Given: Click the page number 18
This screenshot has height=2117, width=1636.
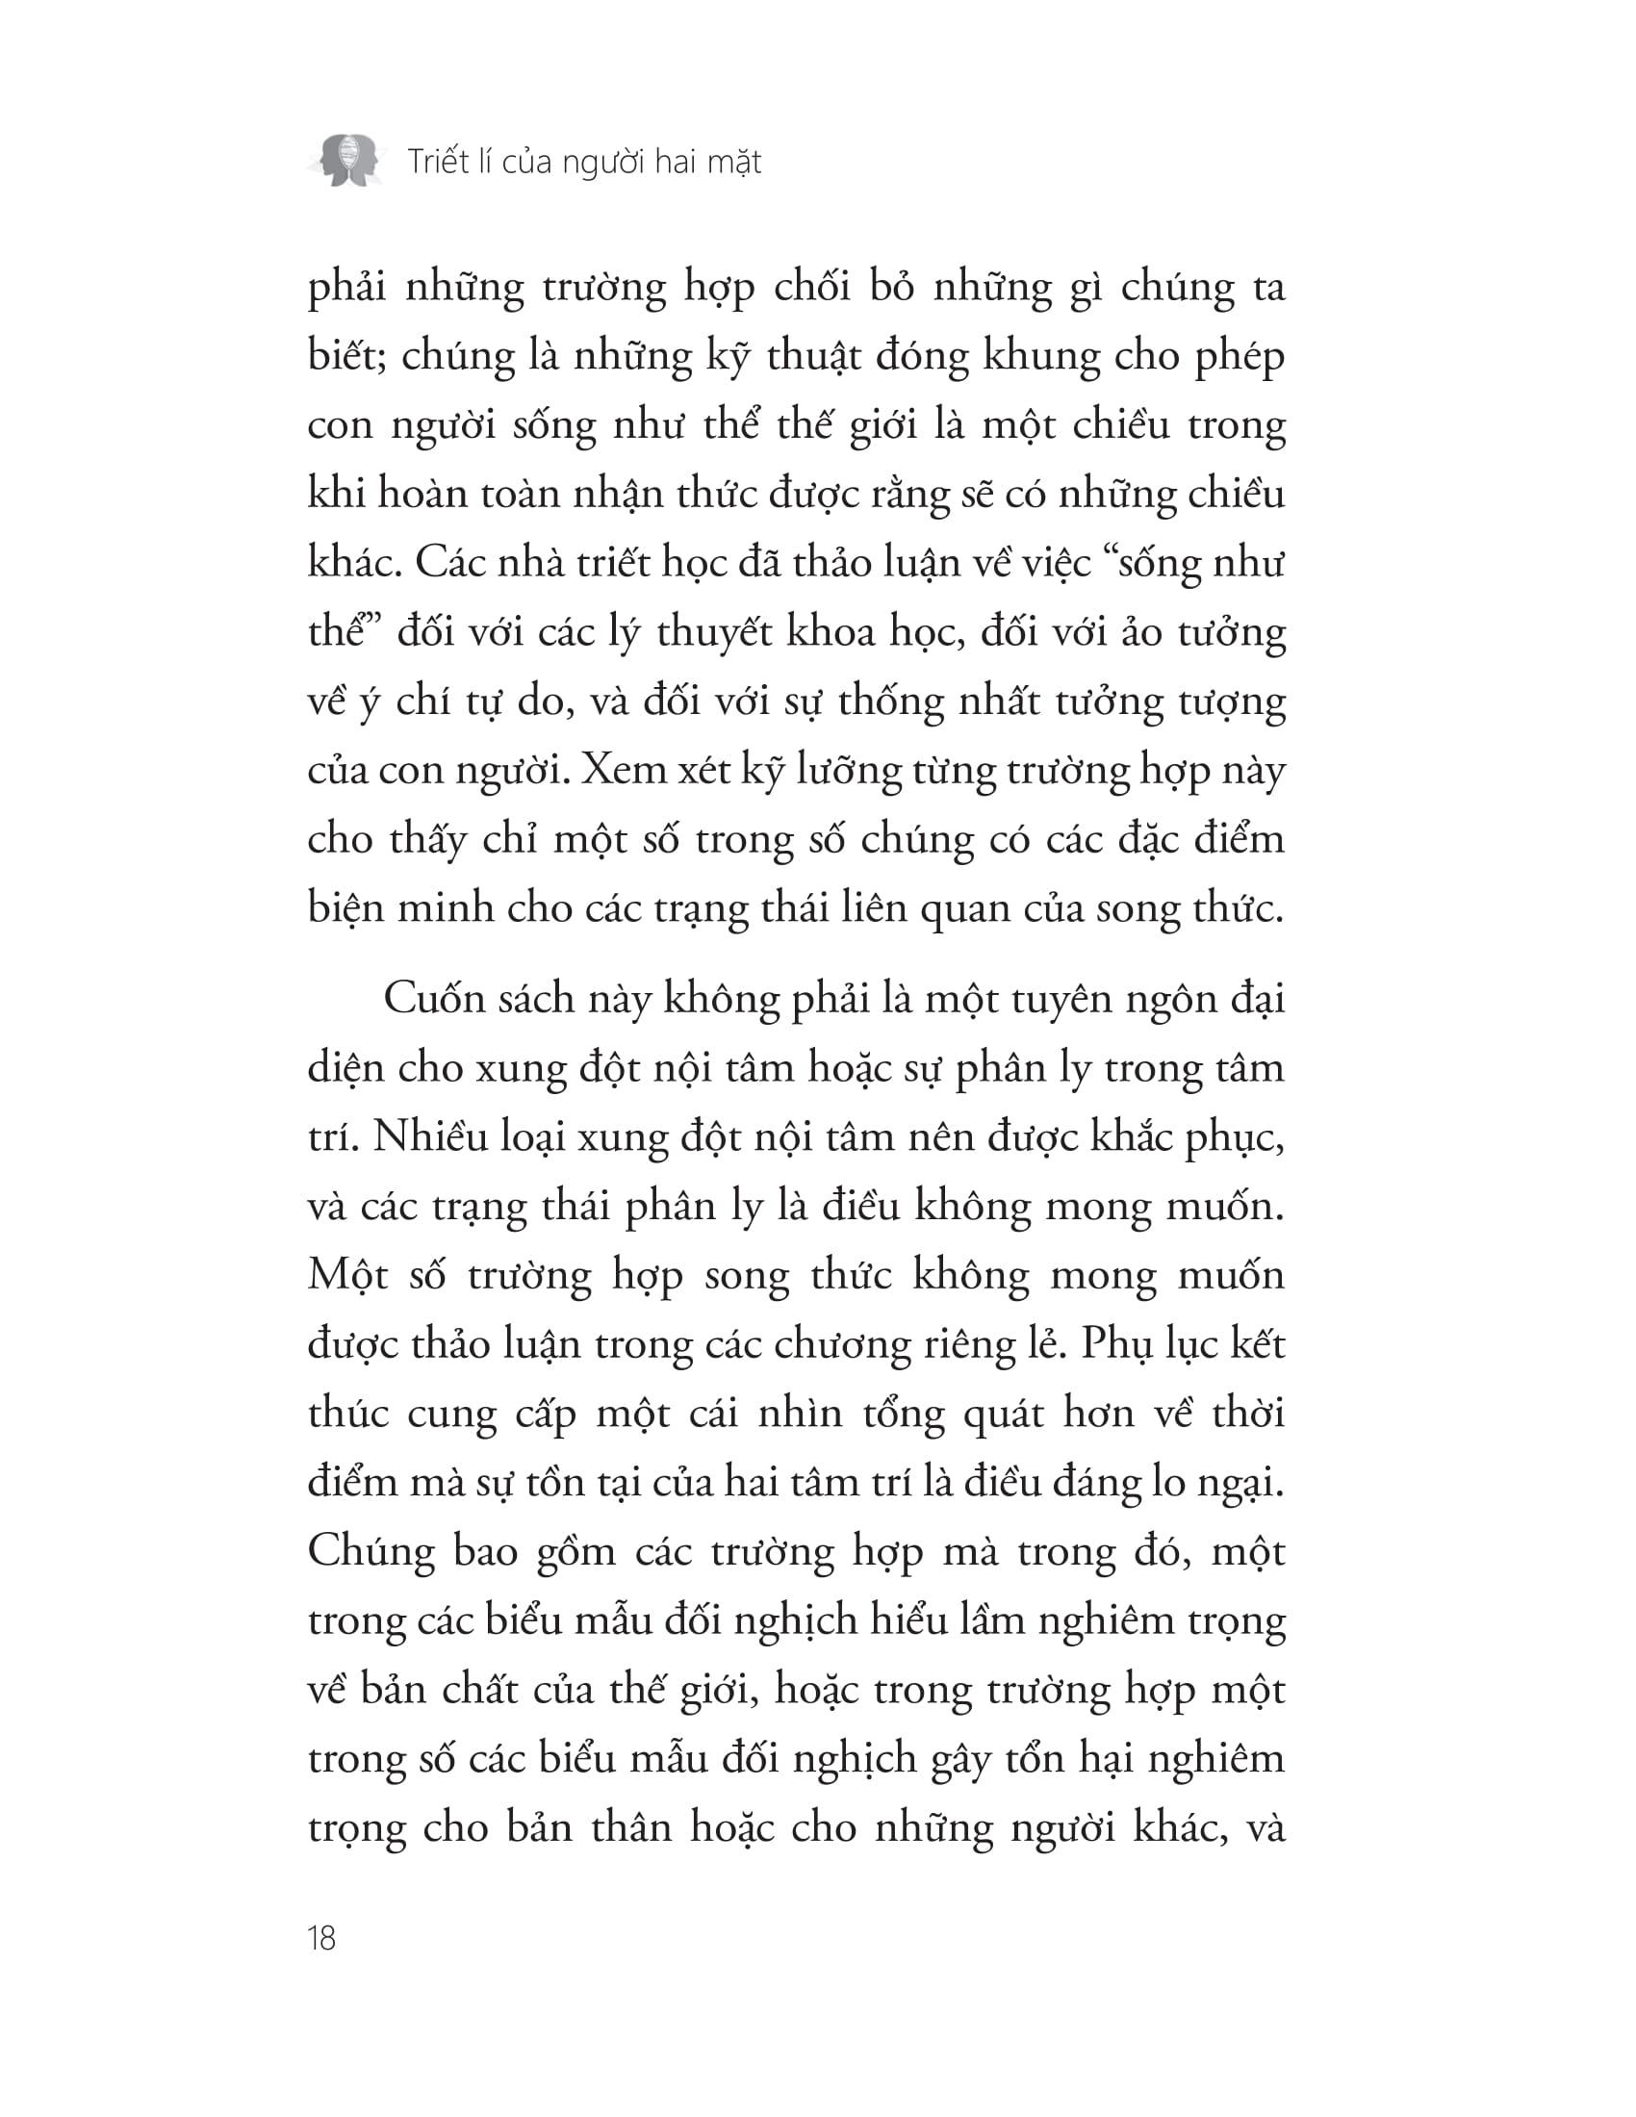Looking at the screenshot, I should click(320, 1938).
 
